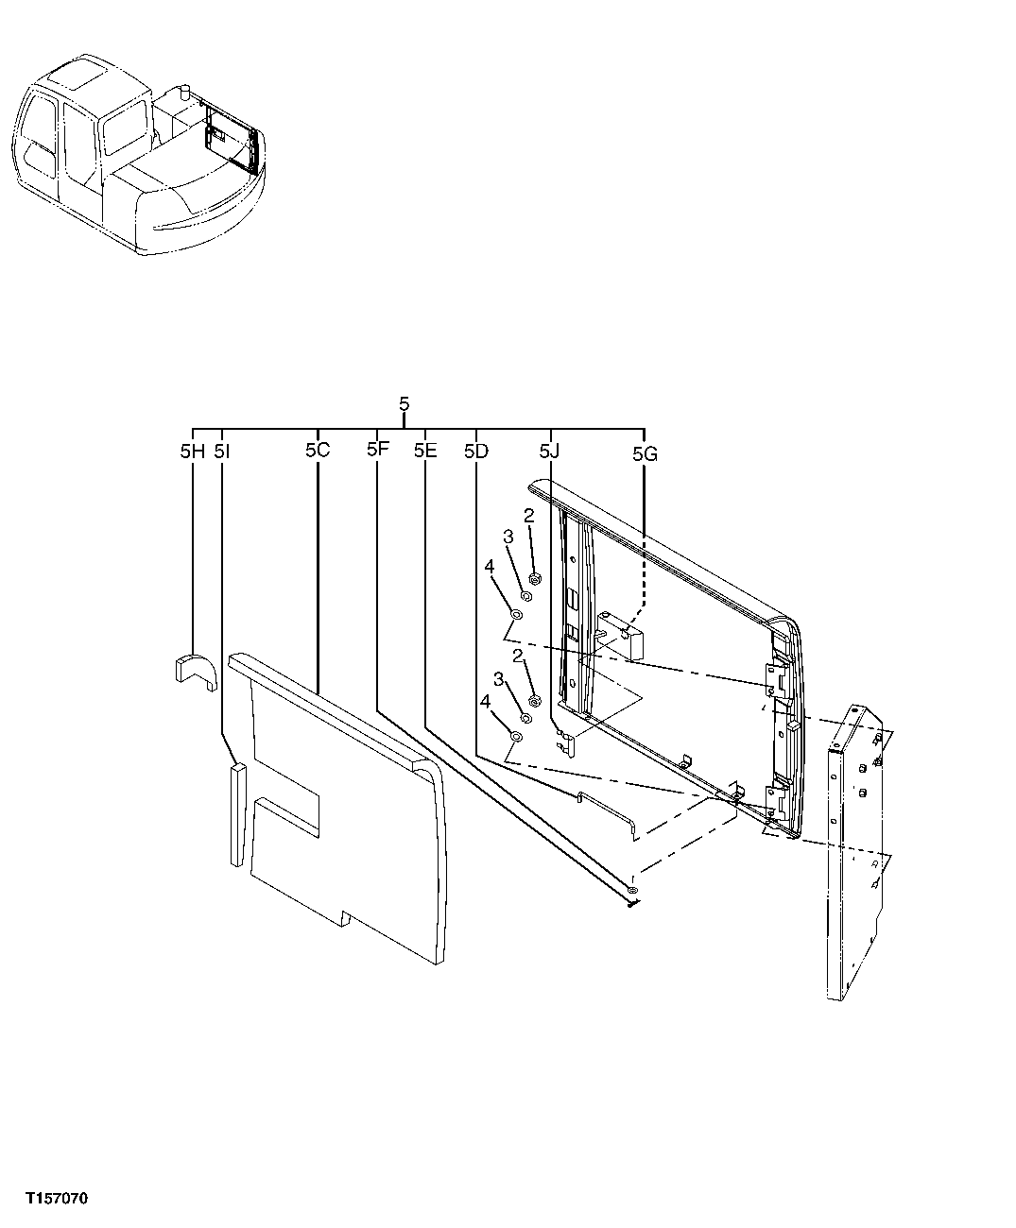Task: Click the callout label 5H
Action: tap(192, 452)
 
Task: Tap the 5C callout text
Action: tap(317, 451)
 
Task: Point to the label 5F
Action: tap(377, 450)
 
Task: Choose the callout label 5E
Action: tap(425, 452)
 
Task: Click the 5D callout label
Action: tap(475, 452)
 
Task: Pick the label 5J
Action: tap(550, 452)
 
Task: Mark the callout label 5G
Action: tap(645, 454)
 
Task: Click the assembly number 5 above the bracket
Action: tap(405, 404)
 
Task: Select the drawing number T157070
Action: tap(57, 1199)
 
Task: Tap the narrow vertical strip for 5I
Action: tap(236, 814)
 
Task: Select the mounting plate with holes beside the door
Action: tap(855, 850)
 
